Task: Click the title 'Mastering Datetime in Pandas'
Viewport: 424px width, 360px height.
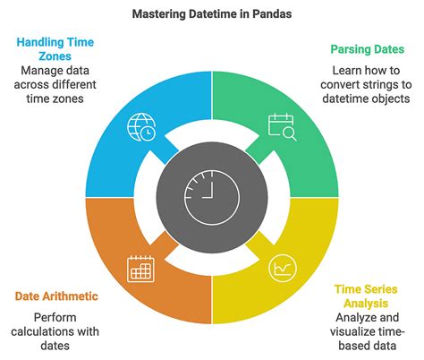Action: click(212, 14)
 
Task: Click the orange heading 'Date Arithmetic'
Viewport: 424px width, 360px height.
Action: click(57, 296)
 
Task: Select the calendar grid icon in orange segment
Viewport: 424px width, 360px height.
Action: click(142, 266)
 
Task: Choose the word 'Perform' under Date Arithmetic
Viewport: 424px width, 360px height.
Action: click(57, 318)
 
